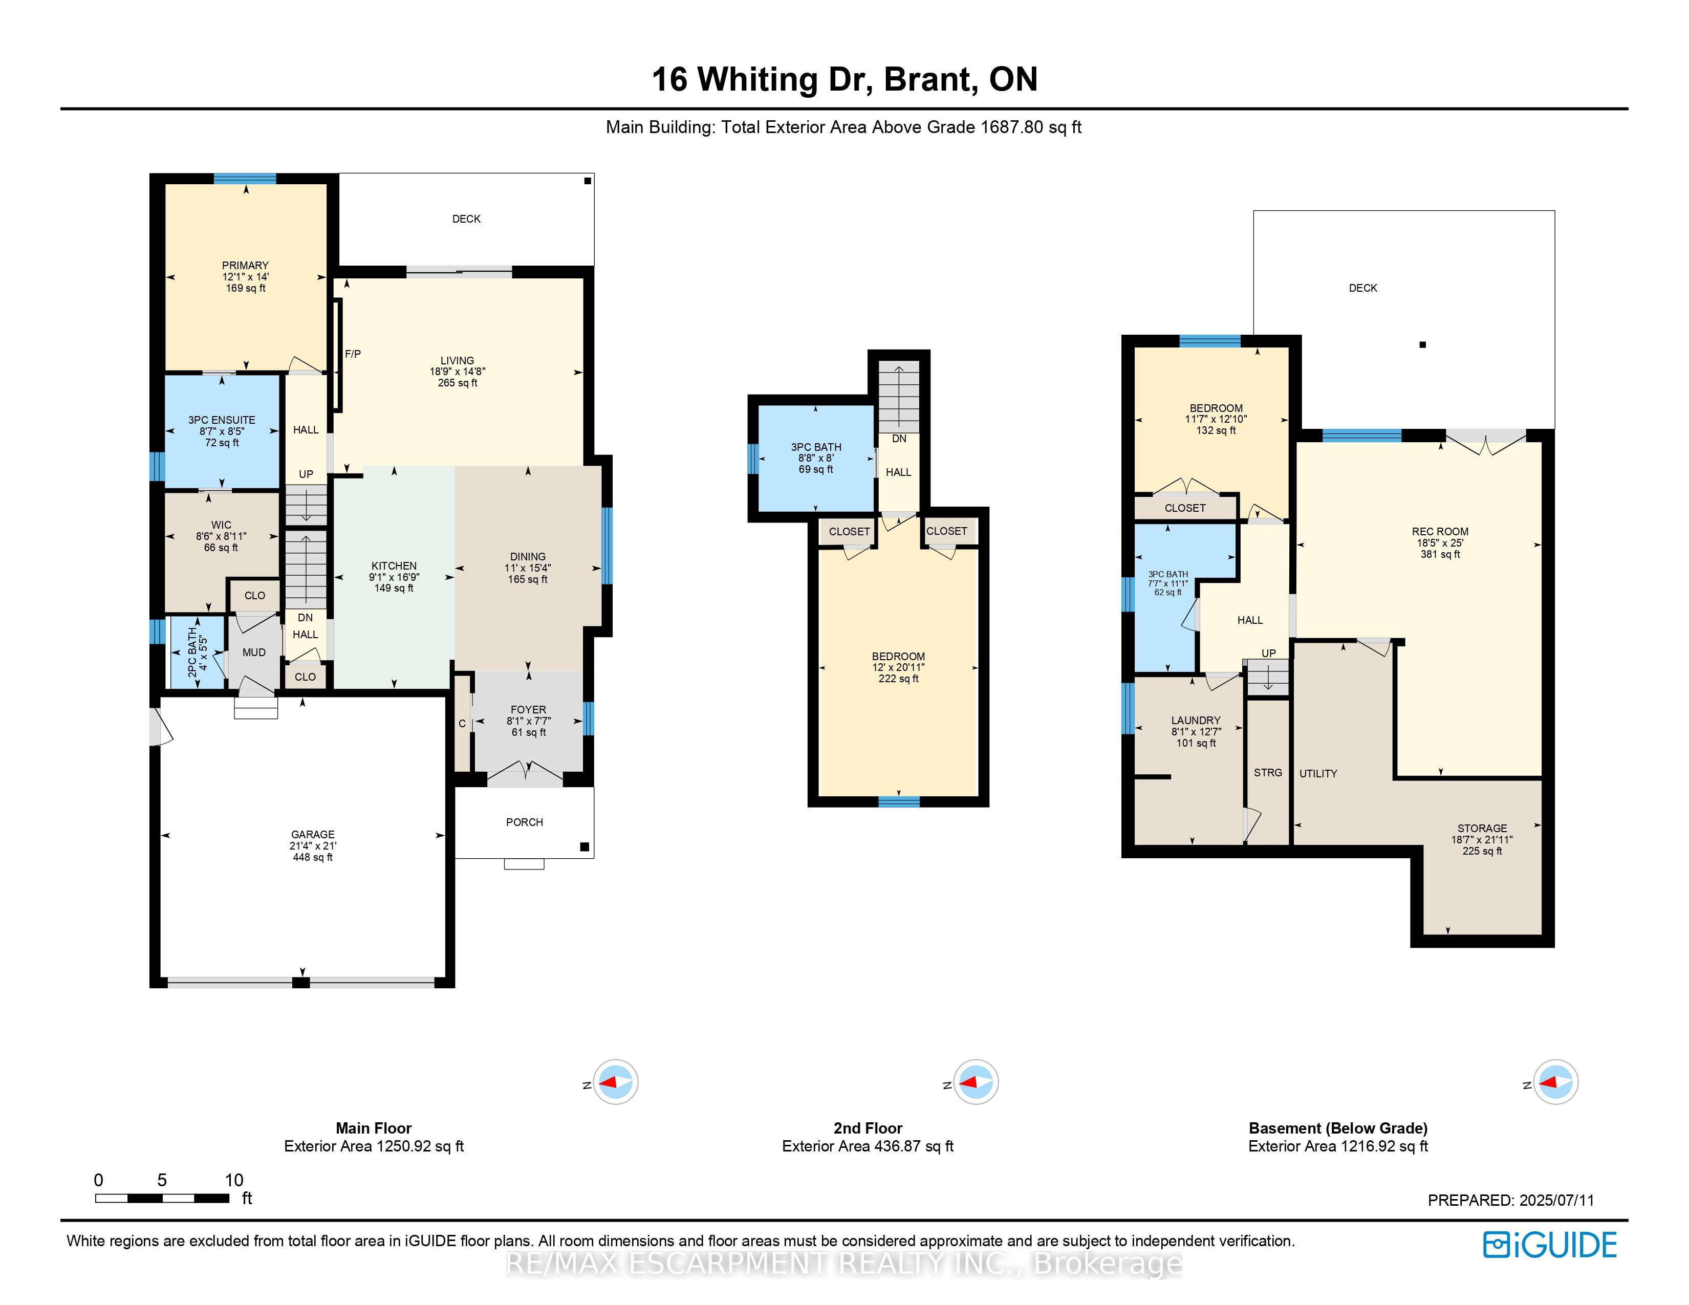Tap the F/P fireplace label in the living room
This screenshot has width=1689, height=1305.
pos(353,354)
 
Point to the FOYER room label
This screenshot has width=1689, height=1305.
pos(528,710)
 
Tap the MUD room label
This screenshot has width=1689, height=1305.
pos(254,652)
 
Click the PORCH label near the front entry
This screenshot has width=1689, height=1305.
pos(524,822)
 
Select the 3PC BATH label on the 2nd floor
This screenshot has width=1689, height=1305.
pos(816,447)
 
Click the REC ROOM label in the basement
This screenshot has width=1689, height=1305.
pos(1439,532)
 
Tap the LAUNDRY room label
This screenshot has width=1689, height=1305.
pos(1196,720)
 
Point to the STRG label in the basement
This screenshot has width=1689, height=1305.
pos(1268,772)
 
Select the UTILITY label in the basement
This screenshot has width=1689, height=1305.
pos(1318,773)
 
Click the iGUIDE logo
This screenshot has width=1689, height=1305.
pos(1549,1245)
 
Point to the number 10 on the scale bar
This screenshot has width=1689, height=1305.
pos(233,1180)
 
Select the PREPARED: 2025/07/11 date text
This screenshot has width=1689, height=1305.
pos(1510,1200)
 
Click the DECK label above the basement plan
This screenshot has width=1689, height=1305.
pos(1362,288)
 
